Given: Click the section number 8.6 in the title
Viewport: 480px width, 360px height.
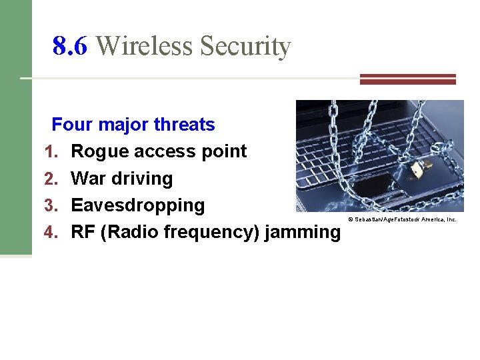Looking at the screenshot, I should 70,47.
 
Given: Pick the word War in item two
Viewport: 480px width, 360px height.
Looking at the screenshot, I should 87,179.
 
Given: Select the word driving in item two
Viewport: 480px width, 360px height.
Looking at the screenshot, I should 141,179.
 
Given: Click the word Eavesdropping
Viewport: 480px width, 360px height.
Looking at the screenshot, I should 137,205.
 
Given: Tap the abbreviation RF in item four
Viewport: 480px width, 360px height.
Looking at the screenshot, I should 83,232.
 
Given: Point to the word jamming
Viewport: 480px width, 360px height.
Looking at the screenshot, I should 303,232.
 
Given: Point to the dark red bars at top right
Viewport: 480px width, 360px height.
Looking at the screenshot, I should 407,79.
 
